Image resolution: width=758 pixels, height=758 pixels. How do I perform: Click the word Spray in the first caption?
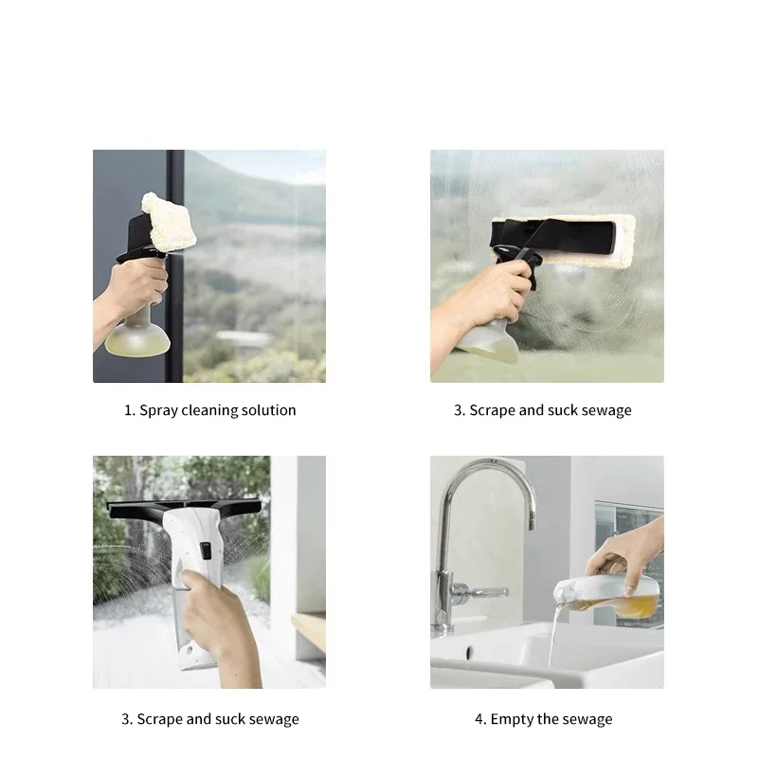157,410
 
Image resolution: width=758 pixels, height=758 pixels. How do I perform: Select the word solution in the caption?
269,410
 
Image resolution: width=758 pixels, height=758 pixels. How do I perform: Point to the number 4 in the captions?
479,719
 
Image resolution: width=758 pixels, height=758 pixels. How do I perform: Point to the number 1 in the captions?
128,410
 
